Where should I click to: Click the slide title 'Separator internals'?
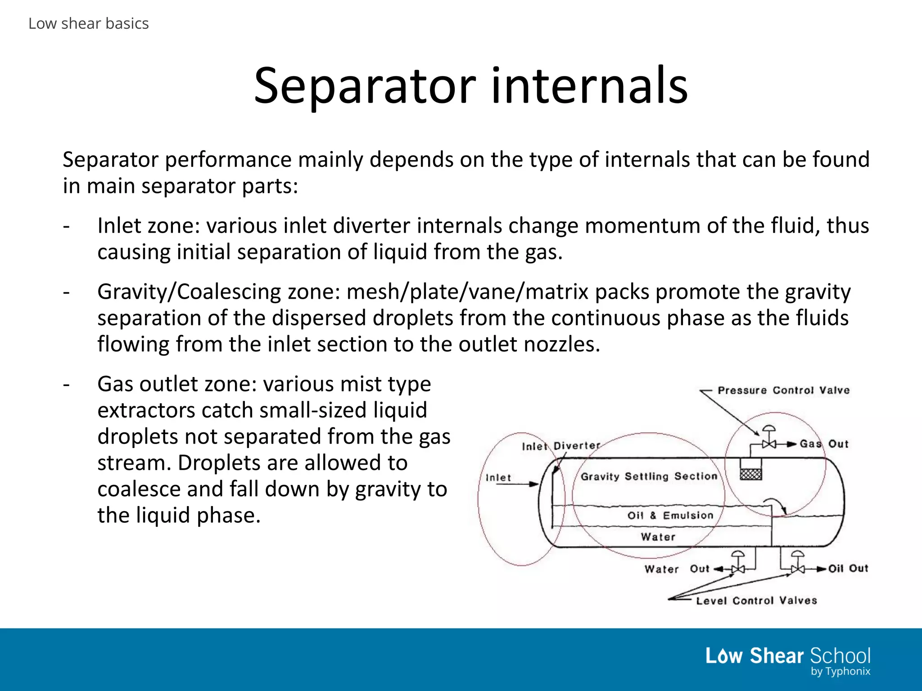click(x=470, y=85)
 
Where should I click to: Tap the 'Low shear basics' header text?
click(x=88, y=23)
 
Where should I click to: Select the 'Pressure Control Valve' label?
click(x=783, y=390)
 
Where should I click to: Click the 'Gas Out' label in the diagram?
click(x=824, y=444)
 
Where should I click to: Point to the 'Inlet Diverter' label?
click(x=561, y=446)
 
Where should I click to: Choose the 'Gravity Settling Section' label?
click(x=649, y=476)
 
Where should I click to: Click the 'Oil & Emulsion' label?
click(x=670, y=515)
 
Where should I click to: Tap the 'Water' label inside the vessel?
click(x=658, y=537)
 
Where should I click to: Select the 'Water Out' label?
click(x=677, y=569)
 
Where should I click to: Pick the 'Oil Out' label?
click(x=848, y=568)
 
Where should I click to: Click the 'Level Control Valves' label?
click(x=756, y=601)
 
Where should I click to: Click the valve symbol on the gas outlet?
click(x=769, y=444)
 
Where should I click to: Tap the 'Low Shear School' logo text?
click(x=787, y=656)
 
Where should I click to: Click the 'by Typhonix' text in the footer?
click(x=840, y=672)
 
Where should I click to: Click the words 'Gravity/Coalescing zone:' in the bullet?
click(x=219, y=292)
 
